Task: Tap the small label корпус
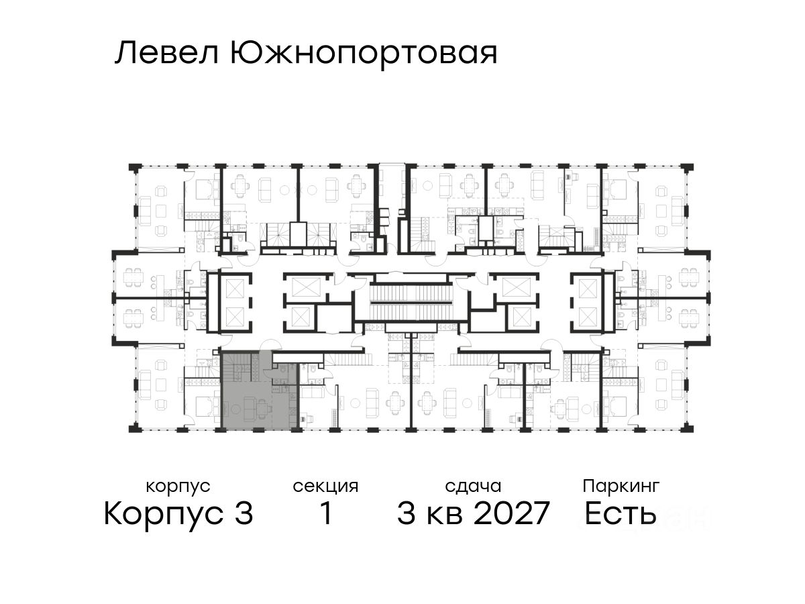point(178,486)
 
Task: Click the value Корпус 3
point(178,515)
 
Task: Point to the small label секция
point(325,486)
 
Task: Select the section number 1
point(325,515)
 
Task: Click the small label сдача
point(472,486)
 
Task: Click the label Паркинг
point(621,486)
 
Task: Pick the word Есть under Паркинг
point(620,515)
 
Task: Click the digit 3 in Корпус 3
point(244,515)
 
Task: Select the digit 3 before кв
point(407,515)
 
